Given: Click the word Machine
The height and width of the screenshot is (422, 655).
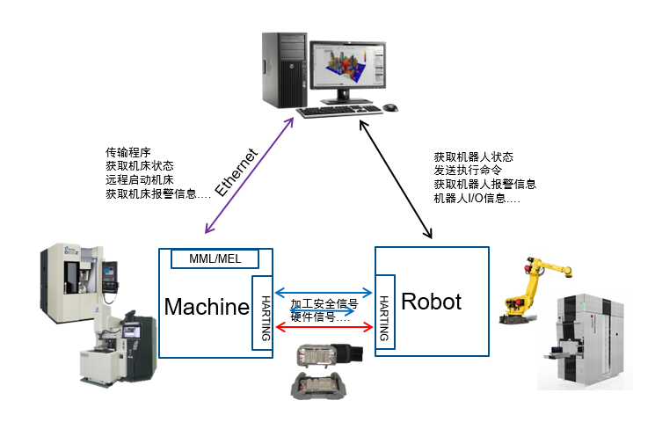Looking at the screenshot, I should click(x=207, y=307).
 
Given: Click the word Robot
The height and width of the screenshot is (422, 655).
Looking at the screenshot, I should click(x=431, y=302).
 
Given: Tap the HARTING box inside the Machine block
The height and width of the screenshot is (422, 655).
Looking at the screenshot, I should click(x=261, y=312).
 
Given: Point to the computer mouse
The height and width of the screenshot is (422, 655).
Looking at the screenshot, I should click(x=389, y=107).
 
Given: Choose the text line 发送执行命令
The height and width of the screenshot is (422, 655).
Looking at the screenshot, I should click(x=468, y=171).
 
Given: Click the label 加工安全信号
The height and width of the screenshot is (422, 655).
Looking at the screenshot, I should click(x=324, y=303).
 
